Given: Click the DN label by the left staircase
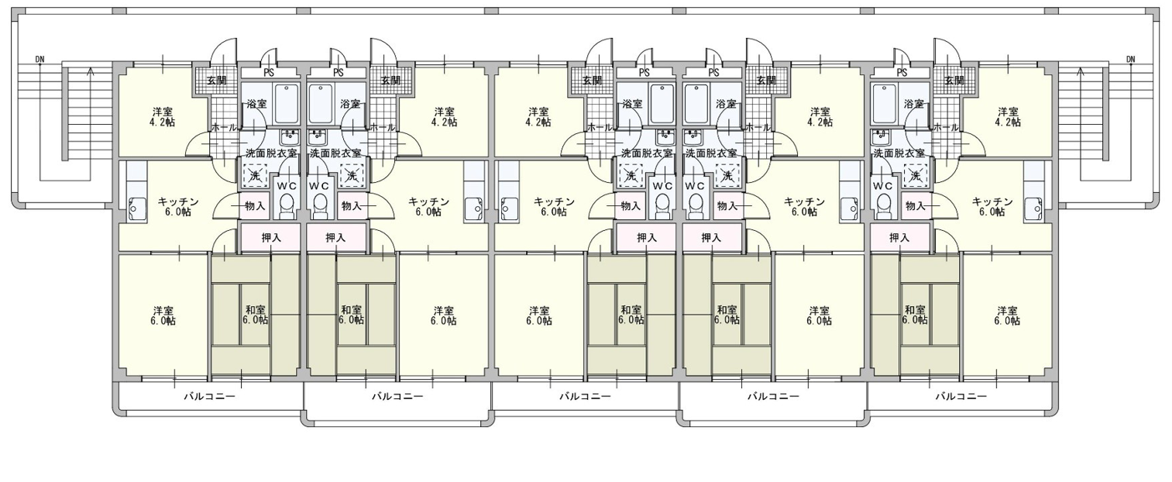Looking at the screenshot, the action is click(x=40, y=59).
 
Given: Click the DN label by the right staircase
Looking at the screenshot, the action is click(x=1131, y=59).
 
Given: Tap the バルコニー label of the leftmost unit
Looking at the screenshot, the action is click(x=209, y=396).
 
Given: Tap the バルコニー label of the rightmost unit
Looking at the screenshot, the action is click(x=961, y=396).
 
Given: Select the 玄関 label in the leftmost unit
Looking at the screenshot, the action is click(x=217, y=81).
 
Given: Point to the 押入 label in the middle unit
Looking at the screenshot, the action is click(x=647, y=238).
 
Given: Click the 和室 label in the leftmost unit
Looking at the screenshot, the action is click(x=255, y=310).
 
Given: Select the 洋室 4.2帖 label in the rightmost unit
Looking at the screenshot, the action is click(x=1008, y=117).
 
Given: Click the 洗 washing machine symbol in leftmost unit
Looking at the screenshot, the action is click(x=254, y=176).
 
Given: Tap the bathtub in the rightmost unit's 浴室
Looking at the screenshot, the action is click(x=882, y=104).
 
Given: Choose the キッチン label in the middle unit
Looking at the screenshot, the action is click(x=554, y=201).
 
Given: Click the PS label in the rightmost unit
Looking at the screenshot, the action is click(x=902, y=73).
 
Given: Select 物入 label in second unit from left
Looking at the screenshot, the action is click(x=352, y=206).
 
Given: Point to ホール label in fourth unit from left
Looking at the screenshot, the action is click(x=757, y=127).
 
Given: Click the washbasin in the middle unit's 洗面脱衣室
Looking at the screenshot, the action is click(x=665, y=137).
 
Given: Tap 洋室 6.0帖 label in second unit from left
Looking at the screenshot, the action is click(x=444, y=315).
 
